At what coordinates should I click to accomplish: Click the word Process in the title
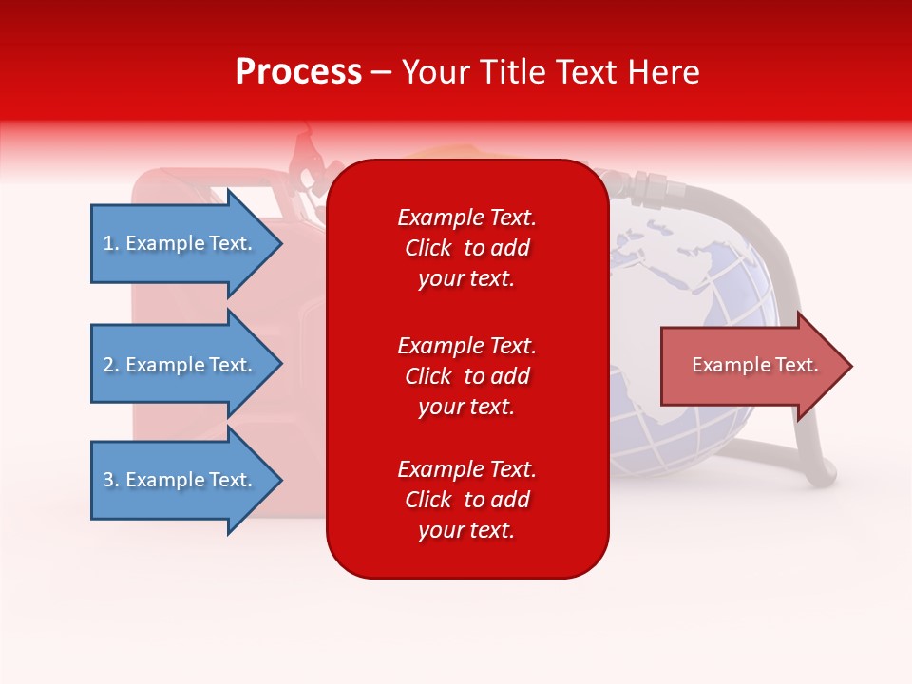(299, 72)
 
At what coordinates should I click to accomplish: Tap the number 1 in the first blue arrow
(108, 243)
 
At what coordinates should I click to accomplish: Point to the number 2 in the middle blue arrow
(108, 365)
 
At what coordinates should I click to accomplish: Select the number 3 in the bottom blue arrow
(108, 479)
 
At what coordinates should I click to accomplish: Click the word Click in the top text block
(428, 248)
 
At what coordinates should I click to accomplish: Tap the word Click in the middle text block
(428, 376)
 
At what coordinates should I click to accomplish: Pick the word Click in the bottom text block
(428, 499)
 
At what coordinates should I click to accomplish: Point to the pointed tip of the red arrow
(853, 366)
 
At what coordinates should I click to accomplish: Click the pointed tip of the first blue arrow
(283, 244)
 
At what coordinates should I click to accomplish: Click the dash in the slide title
(382, 73)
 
